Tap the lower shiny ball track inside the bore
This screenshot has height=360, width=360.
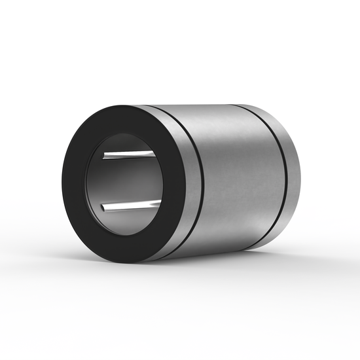[131, 206]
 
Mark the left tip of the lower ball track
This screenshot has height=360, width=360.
[103, 209]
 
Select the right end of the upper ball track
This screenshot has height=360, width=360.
[155, 153]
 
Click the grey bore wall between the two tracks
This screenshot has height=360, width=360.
[128, 181]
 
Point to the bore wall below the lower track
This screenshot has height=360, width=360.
[128, 221]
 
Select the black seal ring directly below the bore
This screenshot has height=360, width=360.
[124, 247]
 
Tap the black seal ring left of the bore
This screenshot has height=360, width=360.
[74, 183]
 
